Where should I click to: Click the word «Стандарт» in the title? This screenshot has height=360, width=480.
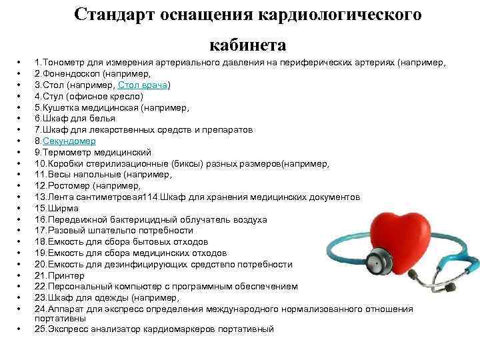114,15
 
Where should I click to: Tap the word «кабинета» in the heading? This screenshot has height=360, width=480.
248,45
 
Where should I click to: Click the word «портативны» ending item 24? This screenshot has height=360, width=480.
57,319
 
